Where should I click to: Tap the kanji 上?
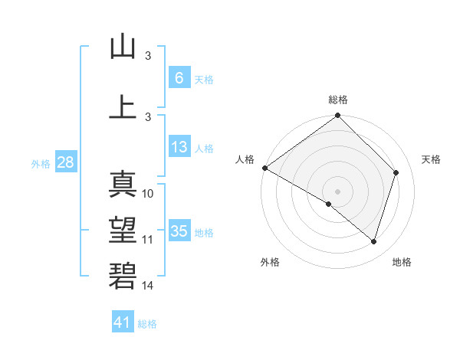click(x=123, y=106)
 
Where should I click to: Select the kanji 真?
click(x=123, y=185)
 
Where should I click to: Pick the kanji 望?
click(x=123, y=230)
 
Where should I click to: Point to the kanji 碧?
click(x=123, y=275)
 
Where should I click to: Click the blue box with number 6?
click(x=179, y=77)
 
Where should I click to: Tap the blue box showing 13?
click(x=179, y=147)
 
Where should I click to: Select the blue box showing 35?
click(x=179, y=231)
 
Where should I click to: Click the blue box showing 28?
click(x=65, y=162)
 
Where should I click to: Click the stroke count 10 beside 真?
click(x=149, y=194)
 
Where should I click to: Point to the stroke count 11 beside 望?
click(x=148, y=240)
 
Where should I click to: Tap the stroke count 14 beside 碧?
click(x=148, y=286)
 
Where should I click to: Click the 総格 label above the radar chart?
click(x=337, y=100)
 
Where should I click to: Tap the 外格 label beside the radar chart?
click(x=270, y=262)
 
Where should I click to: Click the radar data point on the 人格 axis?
click(x=264, y=168)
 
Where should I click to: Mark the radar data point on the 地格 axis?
click(x=373, y=241)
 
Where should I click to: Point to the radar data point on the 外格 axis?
click(x=329, y=204)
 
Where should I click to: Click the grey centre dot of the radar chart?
click(x=337, y=191)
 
